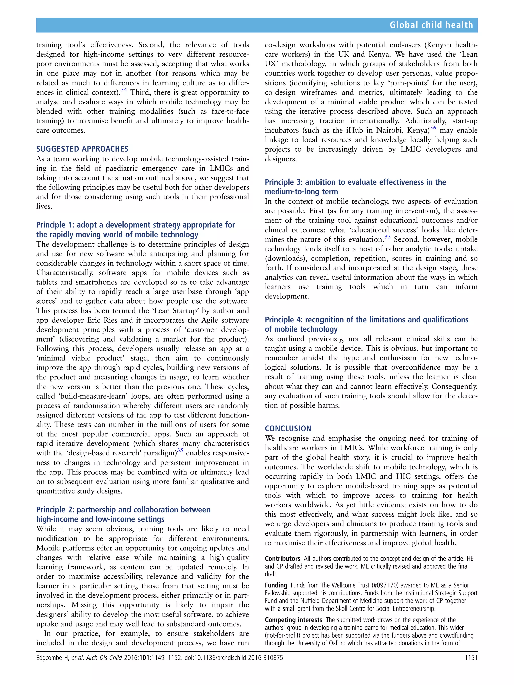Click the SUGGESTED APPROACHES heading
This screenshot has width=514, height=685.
(x=82, y=149)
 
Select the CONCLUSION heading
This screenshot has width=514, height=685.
(x=288, y=429)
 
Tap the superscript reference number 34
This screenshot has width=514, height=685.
(x=124, y=90)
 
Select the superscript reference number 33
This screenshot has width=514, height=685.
(x=387, y=237)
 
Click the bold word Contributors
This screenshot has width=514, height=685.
(x=282, y=559)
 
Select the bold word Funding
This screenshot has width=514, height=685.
(x=276, y=585)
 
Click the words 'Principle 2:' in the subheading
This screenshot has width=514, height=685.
(x=55, y=510)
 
